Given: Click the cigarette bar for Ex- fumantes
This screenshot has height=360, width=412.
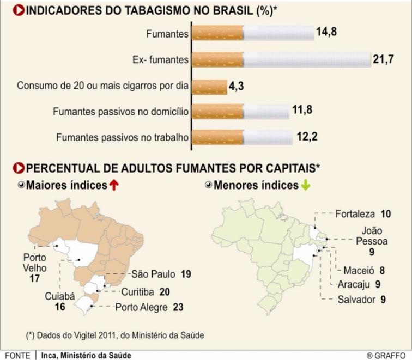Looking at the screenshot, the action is (x=281, y=60).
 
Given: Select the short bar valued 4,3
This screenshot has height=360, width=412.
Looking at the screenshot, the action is (x=209, y=87).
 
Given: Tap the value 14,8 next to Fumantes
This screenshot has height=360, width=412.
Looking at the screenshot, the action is (x=326, y=32).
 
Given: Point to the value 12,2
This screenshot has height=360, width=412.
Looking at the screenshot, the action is (x=307, y=137).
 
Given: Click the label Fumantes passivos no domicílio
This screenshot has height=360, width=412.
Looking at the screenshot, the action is (x=121, y=112).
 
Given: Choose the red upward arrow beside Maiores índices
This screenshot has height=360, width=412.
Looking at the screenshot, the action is (x=114, y=185).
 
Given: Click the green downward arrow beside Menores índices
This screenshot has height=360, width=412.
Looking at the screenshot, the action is (x=305, y=185).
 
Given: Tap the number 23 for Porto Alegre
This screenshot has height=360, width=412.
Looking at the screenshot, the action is (x=178, y=307).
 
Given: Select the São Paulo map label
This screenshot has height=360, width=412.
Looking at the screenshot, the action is (x=154, y=274).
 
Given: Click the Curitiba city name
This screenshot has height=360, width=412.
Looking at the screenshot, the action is (x=138, y=292).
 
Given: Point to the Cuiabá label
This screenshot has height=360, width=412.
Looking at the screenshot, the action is (x=60, y=296).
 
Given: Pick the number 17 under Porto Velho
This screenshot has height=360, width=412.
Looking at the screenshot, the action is (x=35, y=278).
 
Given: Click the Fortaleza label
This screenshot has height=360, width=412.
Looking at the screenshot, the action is (x=355, y=214).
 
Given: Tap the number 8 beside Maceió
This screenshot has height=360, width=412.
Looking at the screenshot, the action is (x=382, y=271).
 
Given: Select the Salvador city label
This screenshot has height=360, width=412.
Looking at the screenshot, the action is (x=356, y=300).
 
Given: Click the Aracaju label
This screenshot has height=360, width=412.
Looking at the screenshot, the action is (x=354, y=284).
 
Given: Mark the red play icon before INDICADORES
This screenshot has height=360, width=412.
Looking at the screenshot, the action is (x=19, y=10).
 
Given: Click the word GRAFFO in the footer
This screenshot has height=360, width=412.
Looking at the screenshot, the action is (x=390, y=356).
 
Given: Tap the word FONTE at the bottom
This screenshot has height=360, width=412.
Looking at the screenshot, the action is (x=17, y=356).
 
